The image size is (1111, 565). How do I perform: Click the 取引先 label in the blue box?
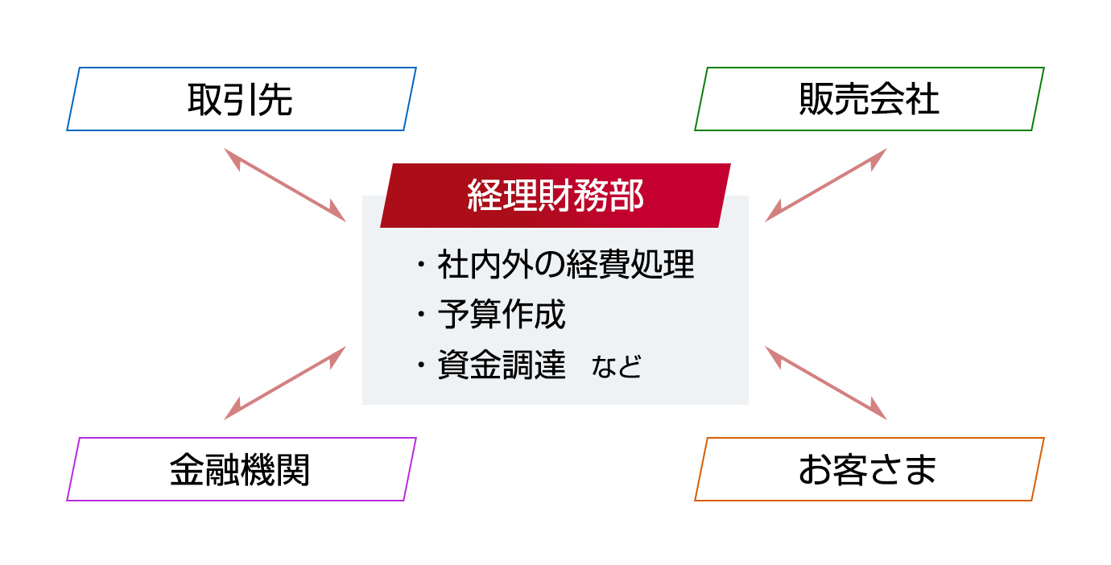[x=240, y=99]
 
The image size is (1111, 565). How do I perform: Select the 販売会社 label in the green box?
[x=869, y=99]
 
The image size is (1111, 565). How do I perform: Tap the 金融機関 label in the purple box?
[x=240, y=469]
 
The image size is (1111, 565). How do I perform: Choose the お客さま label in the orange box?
[x=868, y=469]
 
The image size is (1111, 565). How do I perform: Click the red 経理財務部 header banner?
[x=555, y=196]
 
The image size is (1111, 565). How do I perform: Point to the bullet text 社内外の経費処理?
[x=566, y=264]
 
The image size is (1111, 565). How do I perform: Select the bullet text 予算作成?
[x=502, y=314]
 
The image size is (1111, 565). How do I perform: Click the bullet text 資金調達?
[x=502, y=365]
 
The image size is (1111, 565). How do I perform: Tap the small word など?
[x=617, y=366]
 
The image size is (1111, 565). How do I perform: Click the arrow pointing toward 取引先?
[x=285, y=184]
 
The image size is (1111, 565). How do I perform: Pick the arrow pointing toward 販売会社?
[x=826, y=184]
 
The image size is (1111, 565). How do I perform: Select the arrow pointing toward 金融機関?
[x=285, y=383]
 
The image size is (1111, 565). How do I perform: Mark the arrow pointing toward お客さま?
[x=826, y=383]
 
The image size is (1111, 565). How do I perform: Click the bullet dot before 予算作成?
[x=421, y=314]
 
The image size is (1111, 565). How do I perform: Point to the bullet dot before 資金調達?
[x=421, y=365]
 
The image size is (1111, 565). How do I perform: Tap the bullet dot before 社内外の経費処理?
[x=421, y=264]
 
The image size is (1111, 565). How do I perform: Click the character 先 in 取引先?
[x=275, y=99]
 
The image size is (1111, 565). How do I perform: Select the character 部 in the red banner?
[x=627, y=196]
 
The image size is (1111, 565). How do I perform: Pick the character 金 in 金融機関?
[x=187, y=469]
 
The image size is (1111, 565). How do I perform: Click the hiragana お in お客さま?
[x=815, y=469]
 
